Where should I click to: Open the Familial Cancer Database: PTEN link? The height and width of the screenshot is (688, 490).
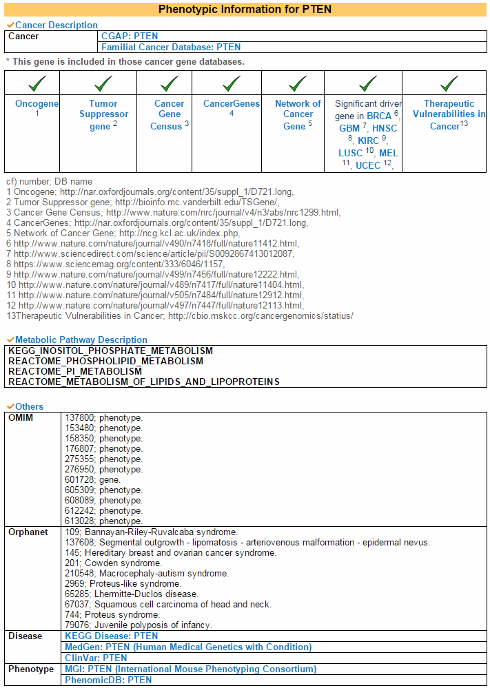tap(171, 47)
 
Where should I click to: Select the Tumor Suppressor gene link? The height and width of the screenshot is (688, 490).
tap(103, 114)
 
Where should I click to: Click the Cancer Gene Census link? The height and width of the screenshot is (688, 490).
tap(168, 114)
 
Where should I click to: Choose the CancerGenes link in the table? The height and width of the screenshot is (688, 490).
tap(232, 104)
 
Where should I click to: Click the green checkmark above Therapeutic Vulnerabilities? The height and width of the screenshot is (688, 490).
tap(449, 84)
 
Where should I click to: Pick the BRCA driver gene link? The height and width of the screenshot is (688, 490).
tap(378, 116)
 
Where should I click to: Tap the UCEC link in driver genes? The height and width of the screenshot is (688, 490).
tap(368, 165)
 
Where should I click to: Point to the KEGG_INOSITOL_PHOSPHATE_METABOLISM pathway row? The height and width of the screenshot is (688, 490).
tap(110, 351)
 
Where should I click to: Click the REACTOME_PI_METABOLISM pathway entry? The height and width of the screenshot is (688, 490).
tap(74, 371)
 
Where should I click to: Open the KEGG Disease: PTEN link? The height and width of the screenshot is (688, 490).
tap(111, 636)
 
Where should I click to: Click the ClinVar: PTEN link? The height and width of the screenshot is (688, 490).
tap(96, 658)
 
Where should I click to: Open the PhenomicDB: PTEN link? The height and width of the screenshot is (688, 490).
tap(108, 680)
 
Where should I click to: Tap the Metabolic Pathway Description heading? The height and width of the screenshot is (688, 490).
tap(81, 340)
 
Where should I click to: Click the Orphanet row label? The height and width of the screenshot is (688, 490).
tap(28, 532)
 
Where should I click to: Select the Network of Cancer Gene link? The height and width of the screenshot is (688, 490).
tap(298, 114)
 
